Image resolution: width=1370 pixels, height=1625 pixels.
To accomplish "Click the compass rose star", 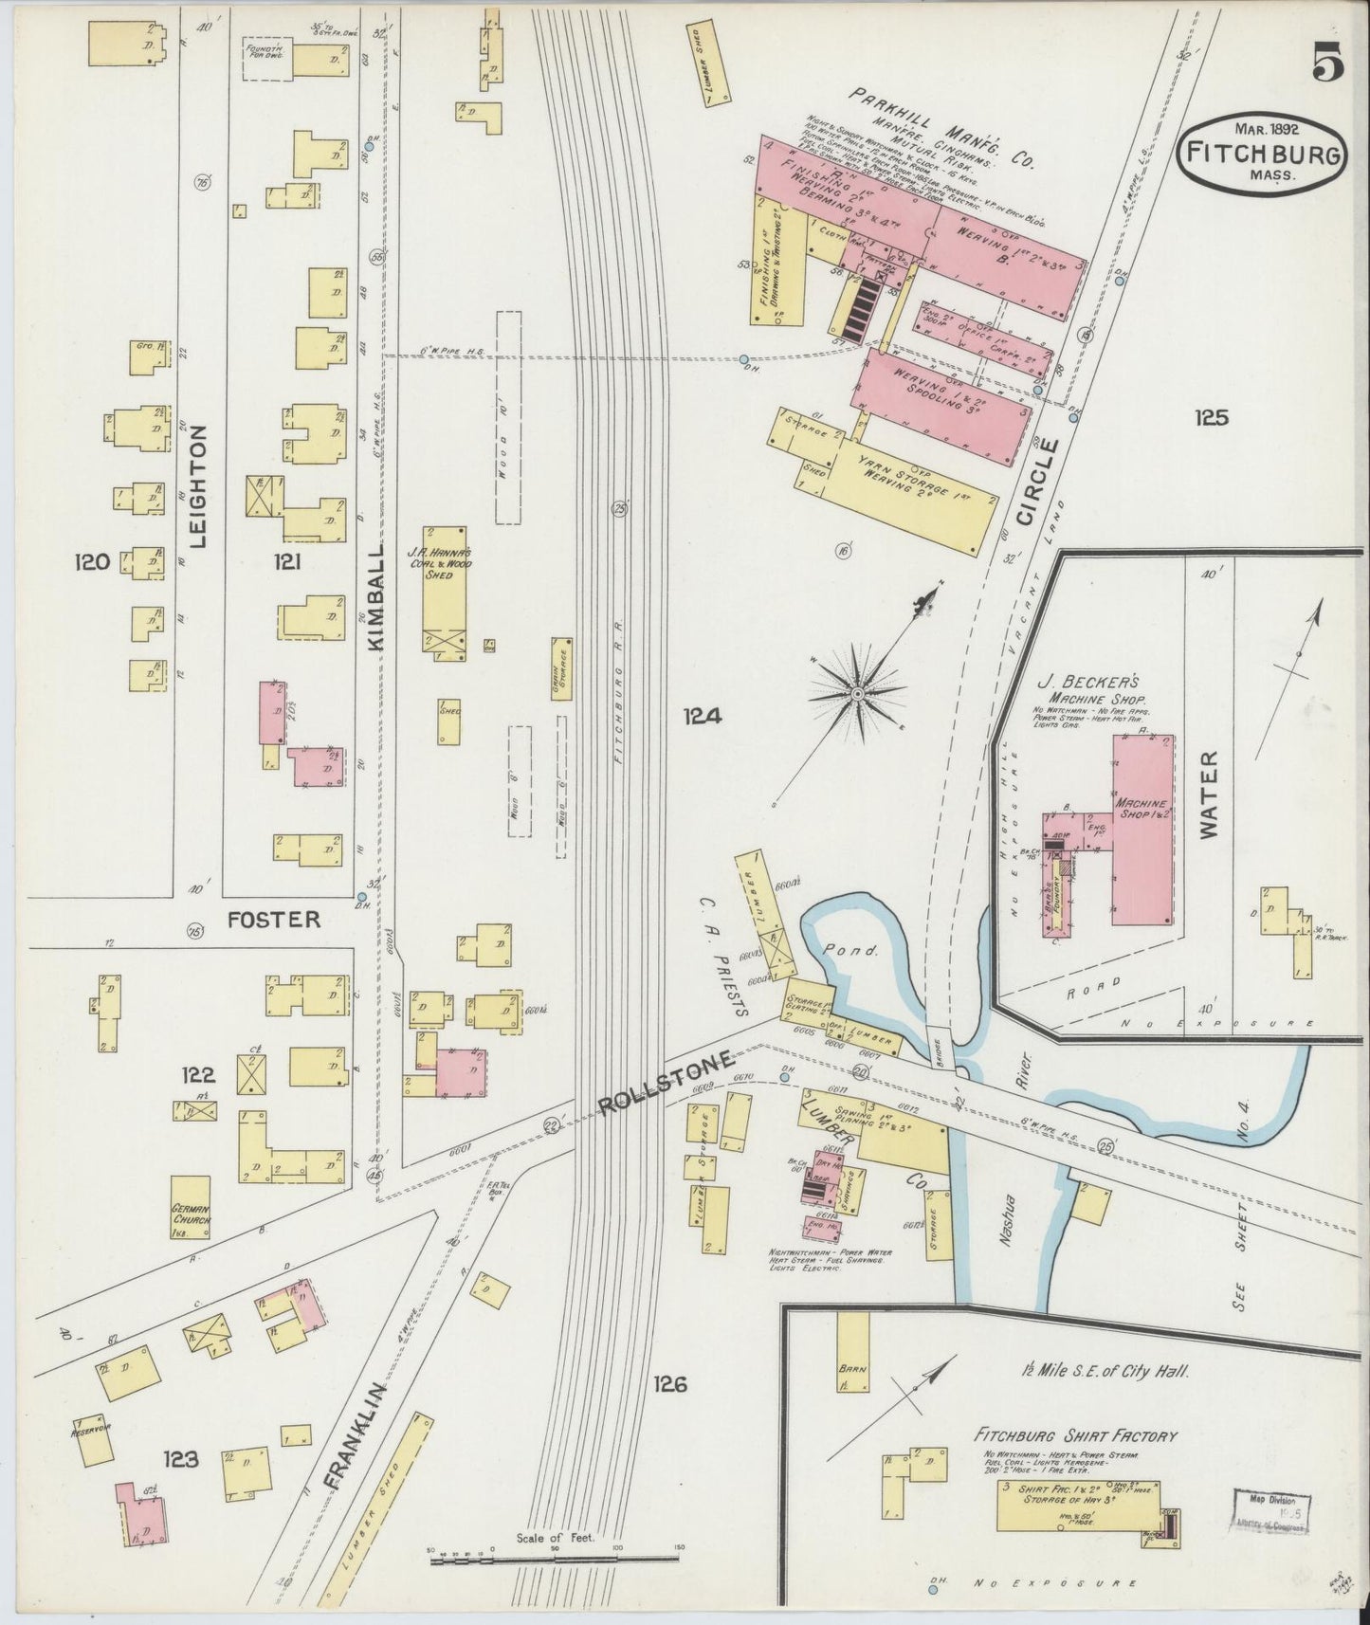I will point(857,695).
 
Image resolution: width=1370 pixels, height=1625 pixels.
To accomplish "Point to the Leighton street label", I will point(198,486).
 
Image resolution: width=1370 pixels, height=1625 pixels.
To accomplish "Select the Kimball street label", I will point(374,595).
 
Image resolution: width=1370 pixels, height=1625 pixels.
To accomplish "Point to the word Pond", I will point(867,948).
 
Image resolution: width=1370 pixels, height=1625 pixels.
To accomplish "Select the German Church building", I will point(191,1207).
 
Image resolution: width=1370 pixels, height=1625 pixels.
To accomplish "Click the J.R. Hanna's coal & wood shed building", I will point(444,588).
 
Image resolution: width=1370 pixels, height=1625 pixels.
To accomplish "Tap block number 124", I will point(703,718).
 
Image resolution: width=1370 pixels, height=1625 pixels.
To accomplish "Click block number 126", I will point(669,1384).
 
